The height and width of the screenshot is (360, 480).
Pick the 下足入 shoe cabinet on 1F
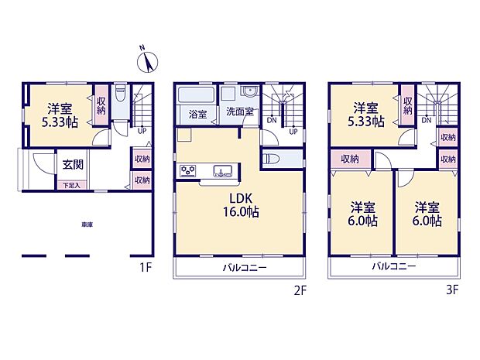[x=70, y=186]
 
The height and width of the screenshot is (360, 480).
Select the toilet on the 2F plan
[x=269, y=158]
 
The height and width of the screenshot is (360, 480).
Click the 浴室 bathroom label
[x=198, y=114]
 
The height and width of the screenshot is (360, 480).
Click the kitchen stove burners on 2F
[x=188, y=170]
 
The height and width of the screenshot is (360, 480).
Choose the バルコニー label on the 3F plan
[x=393, y=266]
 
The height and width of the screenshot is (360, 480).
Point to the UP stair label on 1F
[x=142, y=130]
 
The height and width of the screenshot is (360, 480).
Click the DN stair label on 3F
[x=427, y=121]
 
